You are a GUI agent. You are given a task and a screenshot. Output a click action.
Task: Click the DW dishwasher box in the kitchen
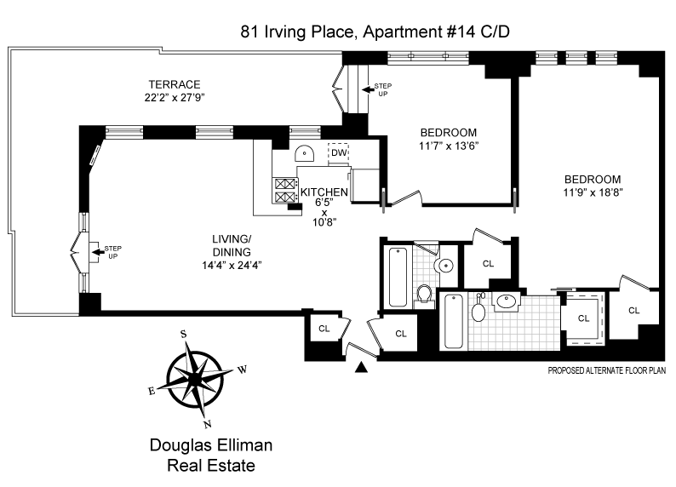point(339,152)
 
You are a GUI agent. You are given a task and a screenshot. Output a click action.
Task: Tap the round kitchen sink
point(305,153)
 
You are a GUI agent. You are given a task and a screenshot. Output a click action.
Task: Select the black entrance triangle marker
point(361,367)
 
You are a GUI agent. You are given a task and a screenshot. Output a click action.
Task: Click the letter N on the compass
point(208,424)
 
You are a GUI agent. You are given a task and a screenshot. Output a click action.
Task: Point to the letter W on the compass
point(243,370)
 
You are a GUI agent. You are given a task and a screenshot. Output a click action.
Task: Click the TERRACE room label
point(175,84)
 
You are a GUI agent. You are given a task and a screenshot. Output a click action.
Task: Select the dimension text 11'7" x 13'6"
point(449,146)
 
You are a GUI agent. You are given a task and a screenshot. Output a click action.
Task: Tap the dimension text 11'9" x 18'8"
point(593,192)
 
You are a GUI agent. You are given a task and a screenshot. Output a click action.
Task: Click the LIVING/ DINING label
point(232,246)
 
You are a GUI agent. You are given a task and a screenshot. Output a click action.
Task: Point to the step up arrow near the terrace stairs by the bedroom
point(368,89)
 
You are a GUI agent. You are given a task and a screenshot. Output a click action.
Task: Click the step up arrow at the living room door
point(98,252)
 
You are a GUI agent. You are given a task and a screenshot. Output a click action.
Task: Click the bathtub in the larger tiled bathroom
point(453,322)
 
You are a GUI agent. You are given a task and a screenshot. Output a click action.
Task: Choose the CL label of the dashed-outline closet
point(583,318)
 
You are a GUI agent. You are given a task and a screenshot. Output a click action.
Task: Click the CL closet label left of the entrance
point(324,329)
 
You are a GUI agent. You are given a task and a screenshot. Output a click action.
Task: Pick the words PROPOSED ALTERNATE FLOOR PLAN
point(606,370)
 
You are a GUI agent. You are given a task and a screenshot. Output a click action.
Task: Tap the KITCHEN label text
point(324,192)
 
